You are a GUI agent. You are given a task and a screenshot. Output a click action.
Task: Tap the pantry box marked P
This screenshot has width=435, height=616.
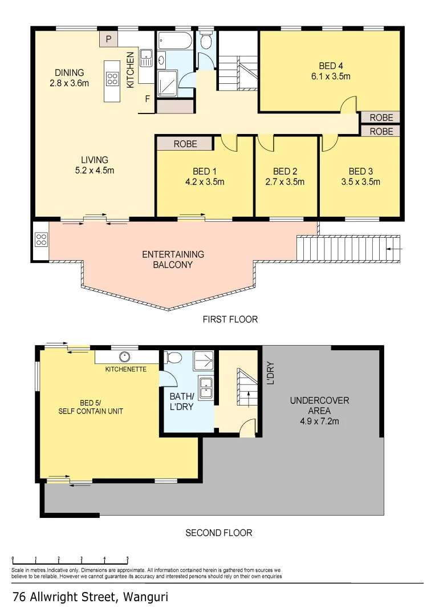tap(108, 39)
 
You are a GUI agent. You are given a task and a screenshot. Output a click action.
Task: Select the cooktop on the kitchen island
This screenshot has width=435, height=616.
tap(112, 80)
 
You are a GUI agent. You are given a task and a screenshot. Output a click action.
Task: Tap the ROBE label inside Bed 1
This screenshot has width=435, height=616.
tap(185, 144)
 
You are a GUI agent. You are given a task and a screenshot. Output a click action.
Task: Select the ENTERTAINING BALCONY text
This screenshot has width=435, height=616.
tap(173, 260)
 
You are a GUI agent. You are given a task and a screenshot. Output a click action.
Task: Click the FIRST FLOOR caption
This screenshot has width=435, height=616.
tap(230, 319)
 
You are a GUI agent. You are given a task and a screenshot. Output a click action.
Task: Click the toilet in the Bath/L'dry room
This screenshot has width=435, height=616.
tap(174, 358)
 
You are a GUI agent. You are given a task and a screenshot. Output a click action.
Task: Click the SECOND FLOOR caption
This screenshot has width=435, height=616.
tap(218, 533)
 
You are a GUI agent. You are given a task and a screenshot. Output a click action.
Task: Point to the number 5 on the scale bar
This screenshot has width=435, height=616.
tap(127, 559)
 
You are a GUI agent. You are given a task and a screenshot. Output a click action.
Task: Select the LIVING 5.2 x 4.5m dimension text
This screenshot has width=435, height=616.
tap(94, 170)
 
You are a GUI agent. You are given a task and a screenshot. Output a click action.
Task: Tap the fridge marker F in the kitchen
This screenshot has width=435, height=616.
tap(147, 99)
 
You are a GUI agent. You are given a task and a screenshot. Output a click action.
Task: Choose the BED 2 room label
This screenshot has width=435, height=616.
tap(285, 171)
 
